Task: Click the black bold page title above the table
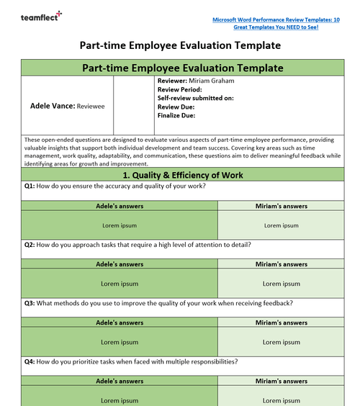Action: click(x=180, y=45)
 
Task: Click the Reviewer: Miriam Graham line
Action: click(x=195, y=81)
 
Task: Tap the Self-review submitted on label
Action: click(x=195, y=98)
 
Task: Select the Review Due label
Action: click(x=176, y=107)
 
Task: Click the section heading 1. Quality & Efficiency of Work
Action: click(x=182, y=175)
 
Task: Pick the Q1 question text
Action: click(x=114, y=186)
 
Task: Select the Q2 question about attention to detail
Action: click(x=137, y=244)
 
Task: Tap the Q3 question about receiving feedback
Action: click(x=158, y=302)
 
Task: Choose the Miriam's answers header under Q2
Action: click(x=282, y=263)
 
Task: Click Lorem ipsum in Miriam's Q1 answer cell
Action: click(x=282, y=225)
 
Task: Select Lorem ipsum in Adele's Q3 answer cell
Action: click(x=120, y=342)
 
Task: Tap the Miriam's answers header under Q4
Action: click(x=282, y=380)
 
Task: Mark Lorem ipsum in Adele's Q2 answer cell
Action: click(x=120, y=284)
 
